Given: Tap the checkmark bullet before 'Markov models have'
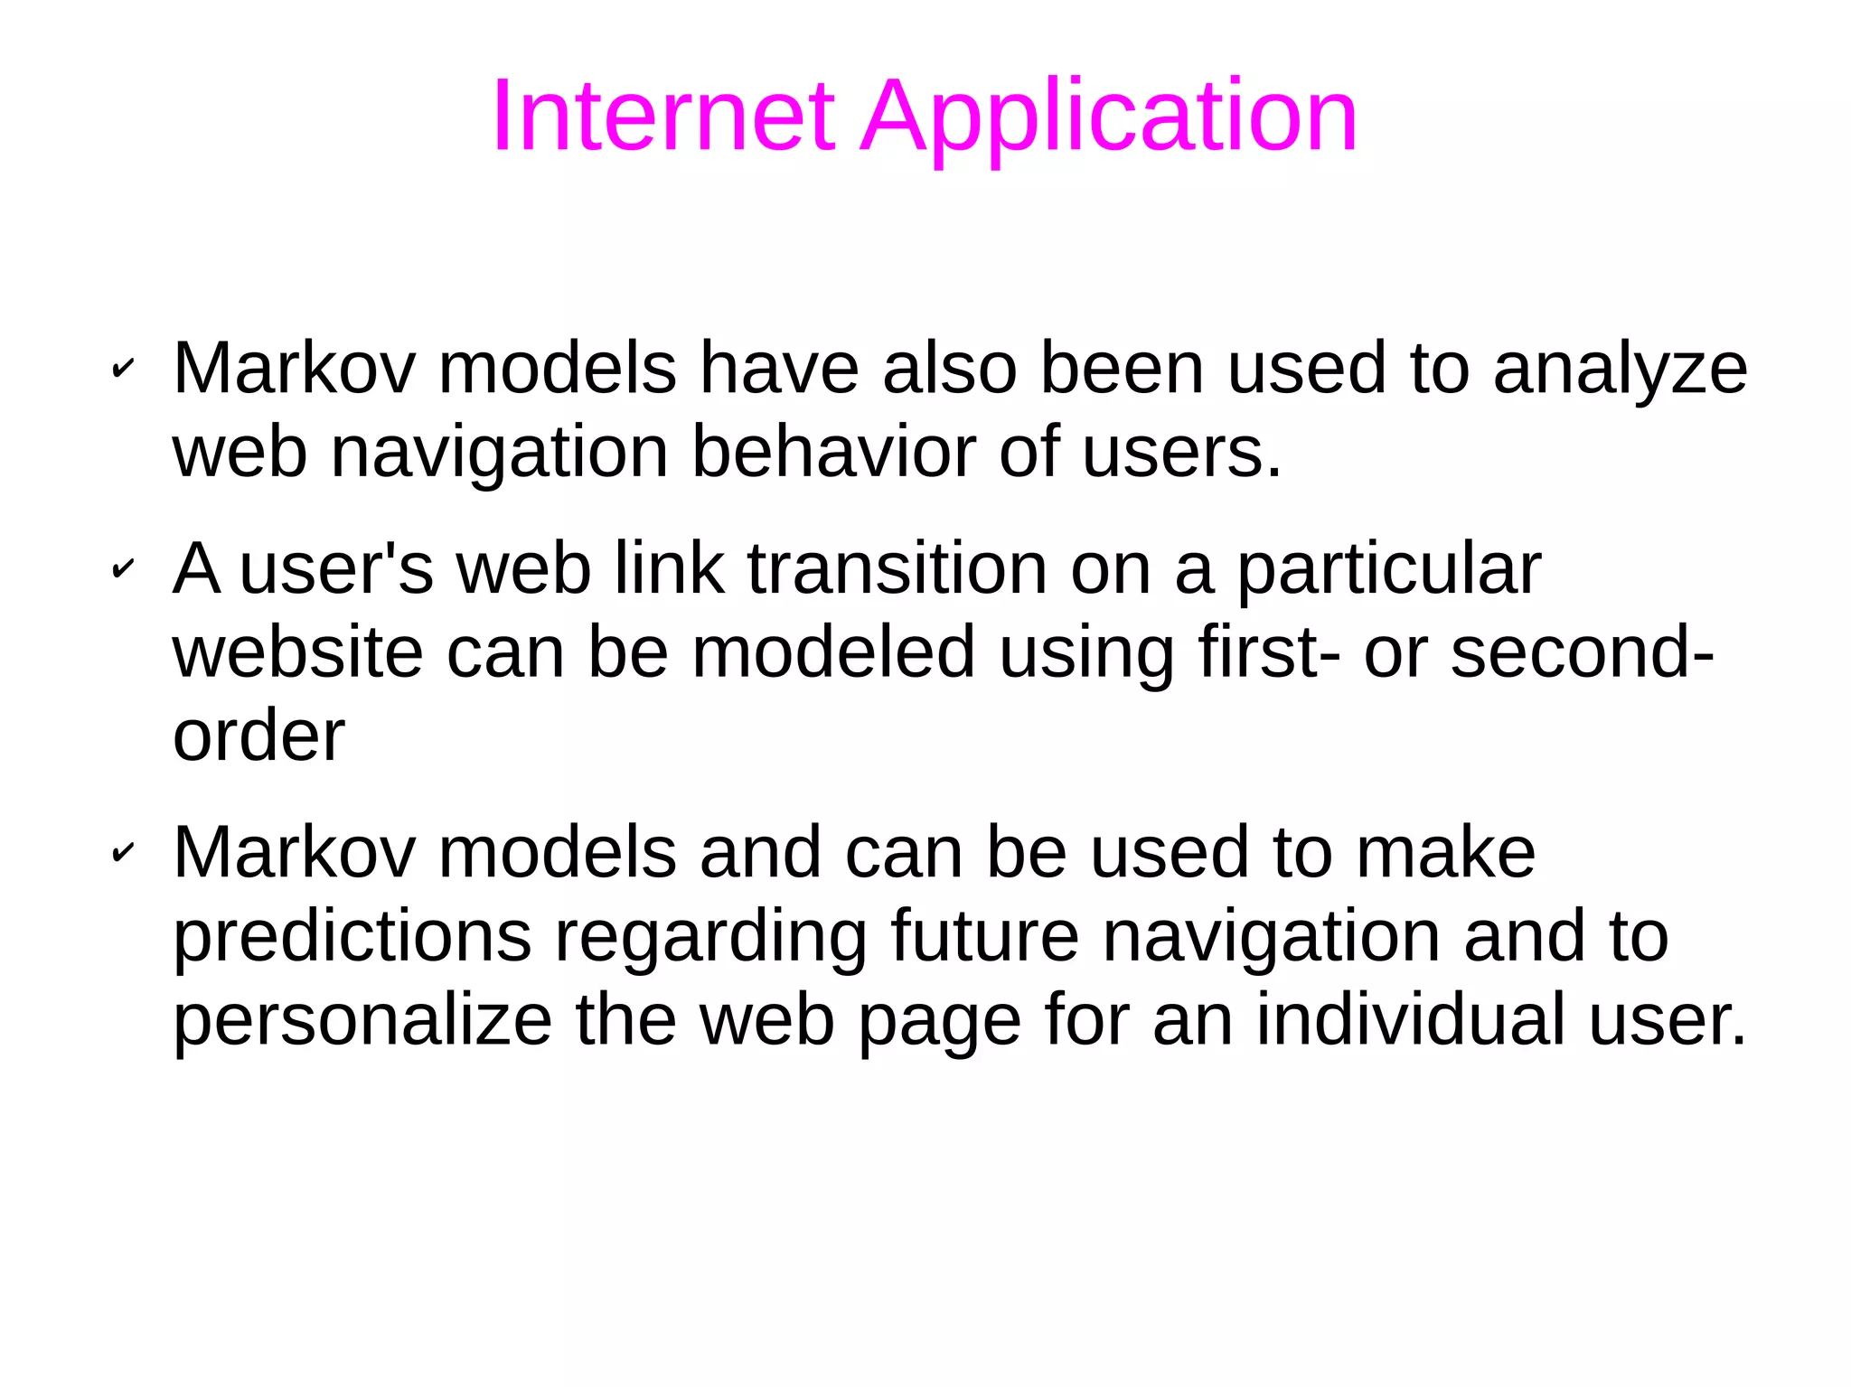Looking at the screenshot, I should [x=122, y=369].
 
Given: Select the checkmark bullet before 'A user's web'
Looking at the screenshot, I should [x=122, y=569].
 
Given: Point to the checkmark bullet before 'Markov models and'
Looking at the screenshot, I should [x=122, y=852].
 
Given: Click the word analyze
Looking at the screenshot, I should [x=1620, y=370].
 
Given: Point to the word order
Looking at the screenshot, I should [x=258, y=736].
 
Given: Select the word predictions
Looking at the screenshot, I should [x=352, y=937].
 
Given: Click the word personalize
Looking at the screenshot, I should [x=362, y=1021].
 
